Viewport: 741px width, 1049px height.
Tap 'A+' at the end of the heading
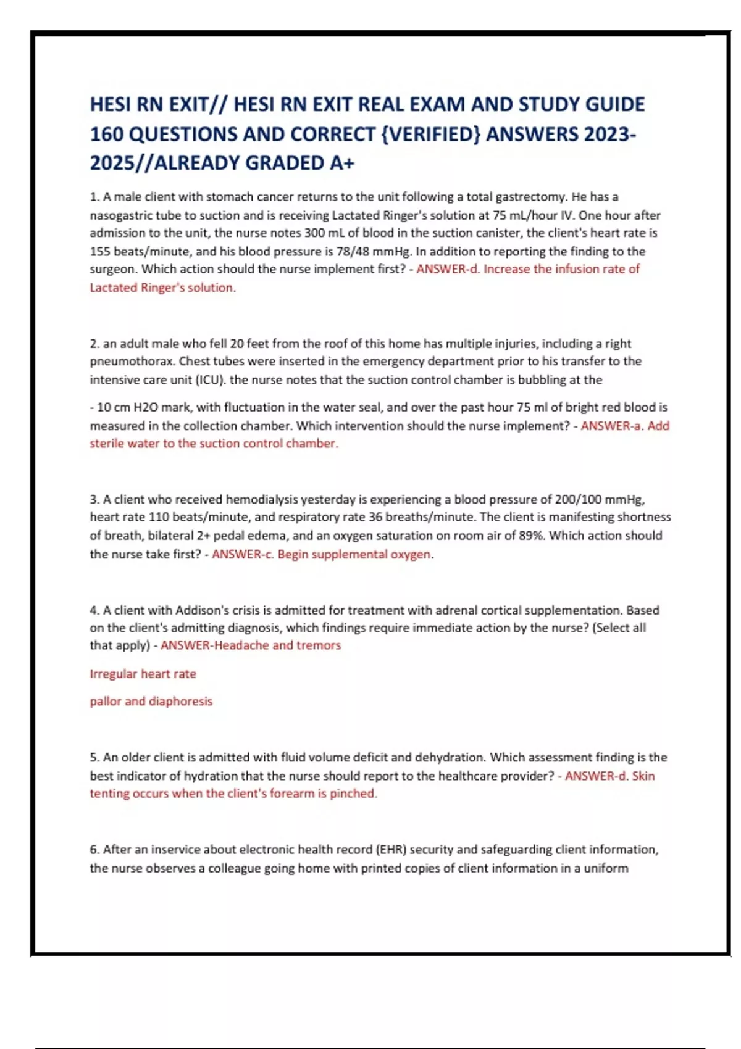(342, 163)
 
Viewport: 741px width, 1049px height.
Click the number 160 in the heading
(106, 134)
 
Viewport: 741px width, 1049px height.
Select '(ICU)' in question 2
(211, 379)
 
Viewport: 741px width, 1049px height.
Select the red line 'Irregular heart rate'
(143, 674)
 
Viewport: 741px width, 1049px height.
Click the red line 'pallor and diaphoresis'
(151, 702)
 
